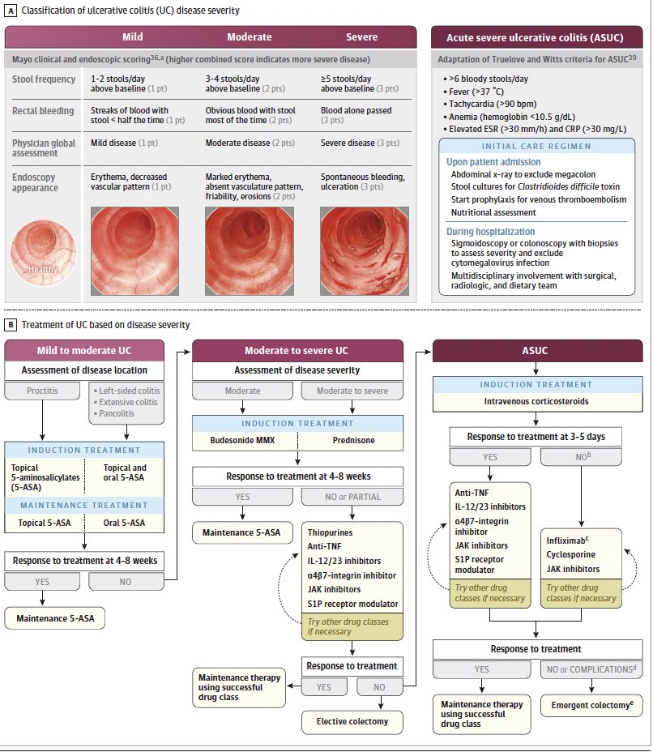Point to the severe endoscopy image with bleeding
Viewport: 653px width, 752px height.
[x=362, y=252]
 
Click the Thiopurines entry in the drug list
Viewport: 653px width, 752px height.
[x=329, y=532]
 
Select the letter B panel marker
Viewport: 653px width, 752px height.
[x=10, y=325]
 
